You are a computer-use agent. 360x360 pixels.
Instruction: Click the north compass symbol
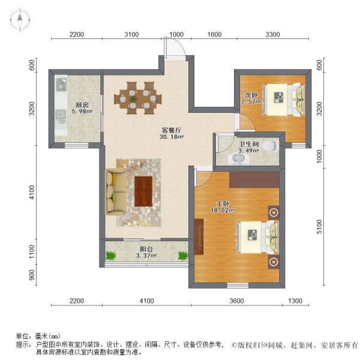(x=19, y=20)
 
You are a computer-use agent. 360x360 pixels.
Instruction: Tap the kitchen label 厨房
(x=74, y=103)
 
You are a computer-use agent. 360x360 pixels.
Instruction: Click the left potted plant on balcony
(x=110, y=256)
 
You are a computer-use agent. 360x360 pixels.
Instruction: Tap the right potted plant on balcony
(x=182, y=256)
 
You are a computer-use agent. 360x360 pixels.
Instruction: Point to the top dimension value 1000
(x=176, y=35)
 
